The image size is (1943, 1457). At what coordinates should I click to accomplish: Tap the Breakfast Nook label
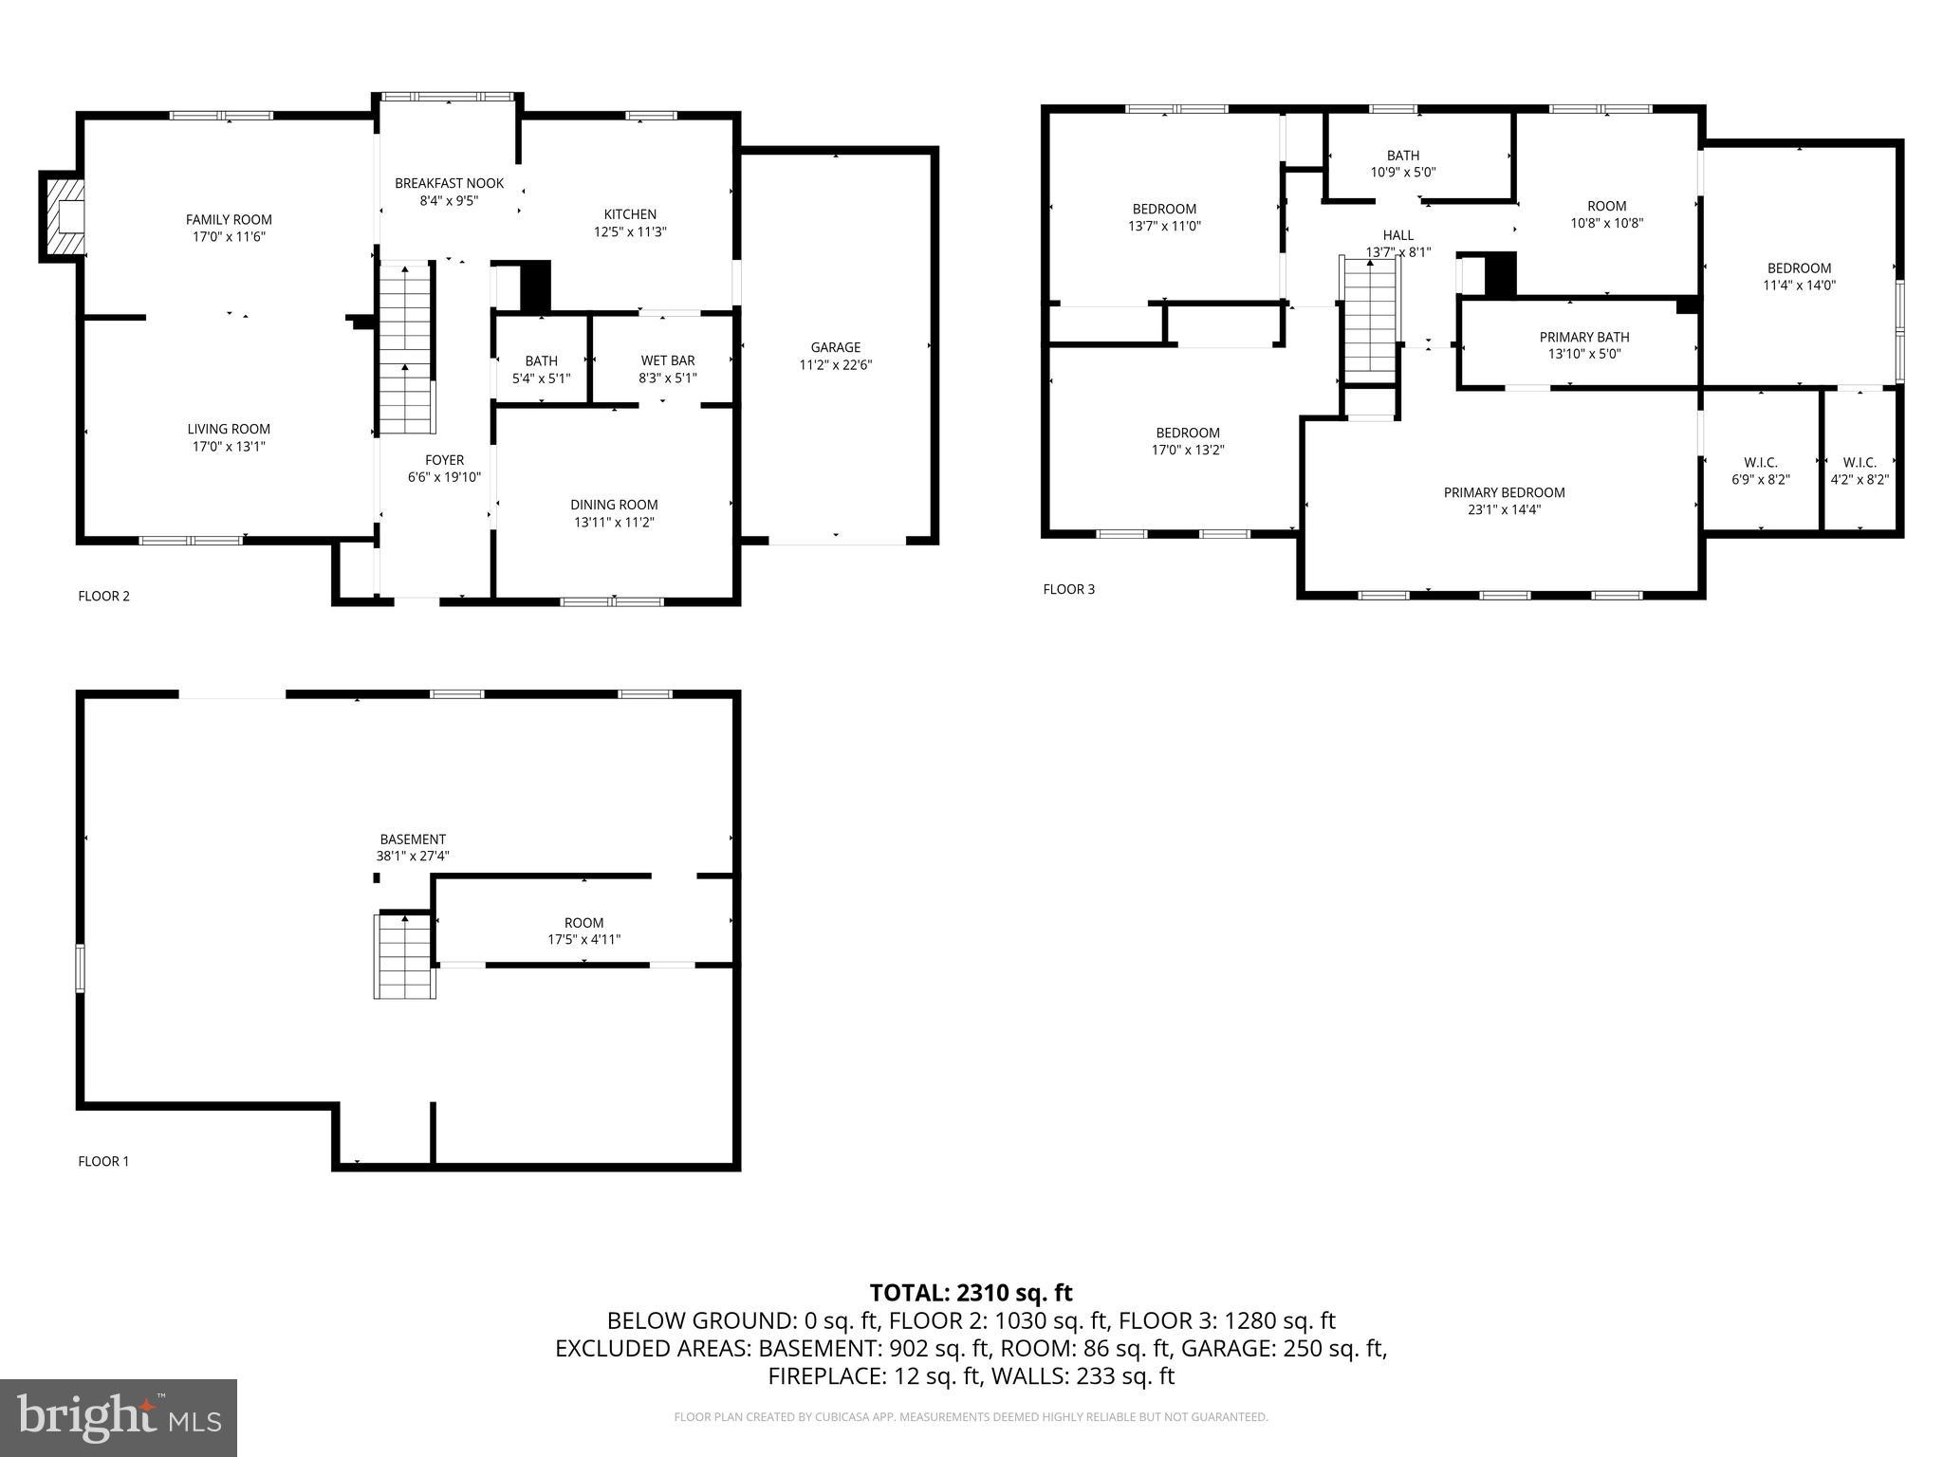[x=449, y=183]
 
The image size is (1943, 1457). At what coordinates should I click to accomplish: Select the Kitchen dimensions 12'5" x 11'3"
[x=630, y=231]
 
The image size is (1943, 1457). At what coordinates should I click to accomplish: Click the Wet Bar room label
[x=667, y=360]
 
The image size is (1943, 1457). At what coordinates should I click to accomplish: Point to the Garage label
[x=835, y=347]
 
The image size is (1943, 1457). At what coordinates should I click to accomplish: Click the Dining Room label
[x=614, y=505]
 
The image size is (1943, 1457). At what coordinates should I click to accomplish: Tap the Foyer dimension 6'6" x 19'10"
[x=444, y=477]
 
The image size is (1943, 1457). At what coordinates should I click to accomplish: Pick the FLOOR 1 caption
[x=103, y=1161]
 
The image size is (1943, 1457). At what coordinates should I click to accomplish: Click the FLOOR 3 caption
[x=1068, y=589]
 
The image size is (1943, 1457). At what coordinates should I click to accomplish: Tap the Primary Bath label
[x=1583, y=337]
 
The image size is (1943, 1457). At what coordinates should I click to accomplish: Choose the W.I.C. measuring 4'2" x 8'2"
[x=1859, y=471]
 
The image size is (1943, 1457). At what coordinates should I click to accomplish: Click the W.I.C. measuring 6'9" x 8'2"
[x=1760, y=471]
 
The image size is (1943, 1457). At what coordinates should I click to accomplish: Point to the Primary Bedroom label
[x=1504, y=492]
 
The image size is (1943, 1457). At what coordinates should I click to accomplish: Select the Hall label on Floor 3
[x=1397, y=235]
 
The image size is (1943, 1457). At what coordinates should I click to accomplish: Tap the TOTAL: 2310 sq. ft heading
[x=971, y=1292]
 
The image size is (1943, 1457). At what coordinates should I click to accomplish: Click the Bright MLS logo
[x=119, y=1417]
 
